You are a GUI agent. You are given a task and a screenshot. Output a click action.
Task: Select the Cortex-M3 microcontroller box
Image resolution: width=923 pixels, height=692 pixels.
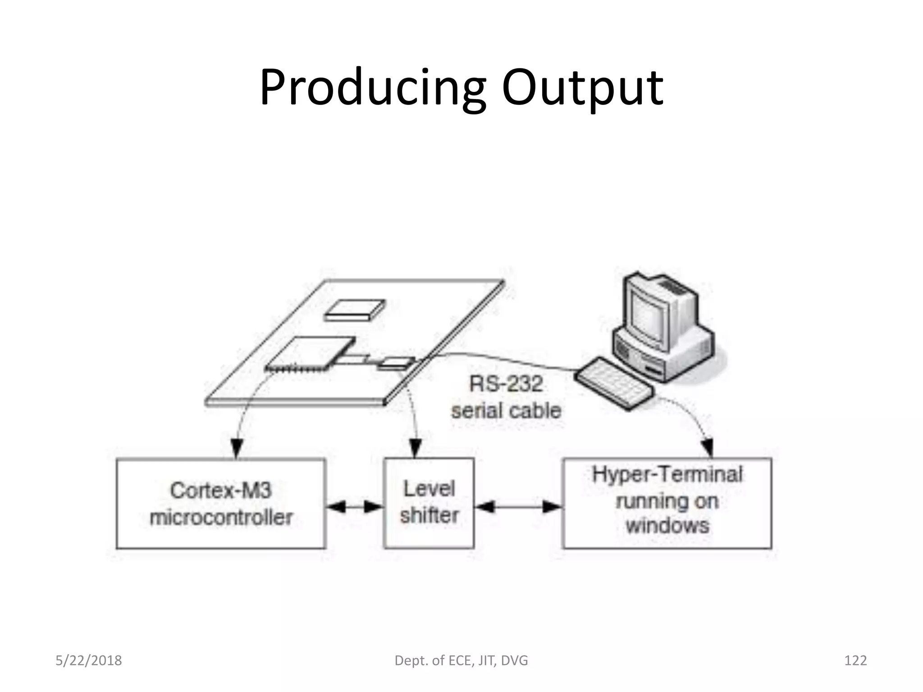[221, 503]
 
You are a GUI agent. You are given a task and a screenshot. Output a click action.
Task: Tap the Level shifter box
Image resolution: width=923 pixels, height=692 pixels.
[429, 503]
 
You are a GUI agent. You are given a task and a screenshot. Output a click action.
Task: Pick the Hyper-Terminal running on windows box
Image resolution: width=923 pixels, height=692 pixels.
[667, 503]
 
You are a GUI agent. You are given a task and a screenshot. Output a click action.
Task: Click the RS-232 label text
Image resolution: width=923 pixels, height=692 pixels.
[506, 384]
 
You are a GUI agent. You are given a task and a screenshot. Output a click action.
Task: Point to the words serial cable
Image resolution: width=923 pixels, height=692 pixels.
[506, 411]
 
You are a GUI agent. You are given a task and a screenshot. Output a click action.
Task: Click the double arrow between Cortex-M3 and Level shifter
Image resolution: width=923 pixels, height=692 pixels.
[354, 507]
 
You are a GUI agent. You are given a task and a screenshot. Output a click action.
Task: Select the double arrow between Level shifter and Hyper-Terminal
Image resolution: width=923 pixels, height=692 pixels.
[518, 507]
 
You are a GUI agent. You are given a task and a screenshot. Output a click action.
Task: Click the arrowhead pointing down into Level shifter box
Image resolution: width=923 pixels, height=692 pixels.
[416, 448]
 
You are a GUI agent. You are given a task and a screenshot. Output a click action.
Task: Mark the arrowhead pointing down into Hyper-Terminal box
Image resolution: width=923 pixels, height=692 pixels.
[708, 448]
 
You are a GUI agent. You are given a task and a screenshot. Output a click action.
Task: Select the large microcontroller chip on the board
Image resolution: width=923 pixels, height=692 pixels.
[310, 354]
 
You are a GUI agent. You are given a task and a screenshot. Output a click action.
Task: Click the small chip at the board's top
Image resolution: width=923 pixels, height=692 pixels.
[355, 310]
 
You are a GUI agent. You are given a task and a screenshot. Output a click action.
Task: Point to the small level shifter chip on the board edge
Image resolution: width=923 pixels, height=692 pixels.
[396, 363]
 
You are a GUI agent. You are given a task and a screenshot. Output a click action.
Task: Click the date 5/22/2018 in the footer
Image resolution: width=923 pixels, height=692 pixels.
[89, 660]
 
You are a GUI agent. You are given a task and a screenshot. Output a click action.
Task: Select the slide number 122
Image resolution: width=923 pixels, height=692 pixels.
[855, 660]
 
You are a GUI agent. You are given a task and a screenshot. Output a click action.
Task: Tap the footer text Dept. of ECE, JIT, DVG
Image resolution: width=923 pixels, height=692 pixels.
[461, 660]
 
